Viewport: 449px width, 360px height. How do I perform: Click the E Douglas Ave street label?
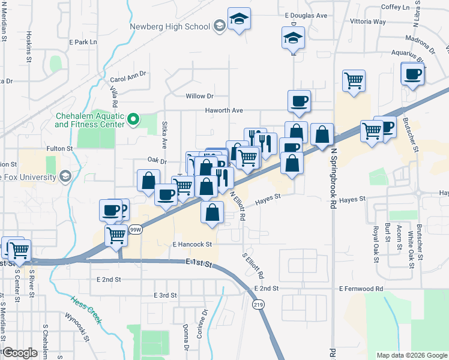coord(306,16)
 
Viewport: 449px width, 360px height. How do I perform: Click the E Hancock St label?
coord(192,245)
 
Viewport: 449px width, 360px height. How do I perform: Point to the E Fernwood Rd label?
coord(360,289)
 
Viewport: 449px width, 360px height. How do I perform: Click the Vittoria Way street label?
coord(367,22)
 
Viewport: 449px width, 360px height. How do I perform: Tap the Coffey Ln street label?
coord(395,7)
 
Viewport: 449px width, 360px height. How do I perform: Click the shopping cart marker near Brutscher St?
coord(372,130)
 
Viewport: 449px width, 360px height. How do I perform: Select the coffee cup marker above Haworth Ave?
coord(299,100)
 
